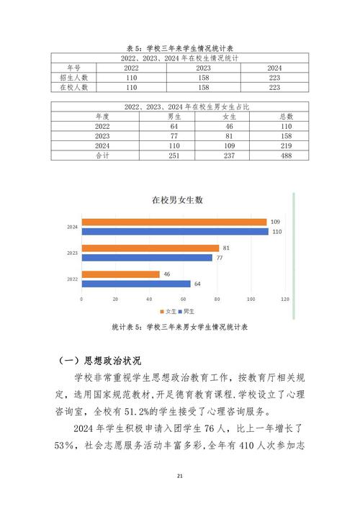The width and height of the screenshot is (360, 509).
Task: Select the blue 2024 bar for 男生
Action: tap(174, 231)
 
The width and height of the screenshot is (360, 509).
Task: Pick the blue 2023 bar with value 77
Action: tap(147, 258)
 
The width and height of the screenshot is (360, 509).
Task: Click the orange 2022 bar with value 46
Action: tap(120, 274)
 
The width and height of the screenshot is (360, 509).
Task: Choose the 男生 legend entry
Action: tap(185, 310)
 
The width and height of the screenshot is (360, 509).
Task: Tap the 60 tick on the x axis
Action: tap(183, 298)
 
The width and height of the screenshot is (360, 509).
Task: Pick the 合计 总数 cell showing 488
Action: tap(287, 156)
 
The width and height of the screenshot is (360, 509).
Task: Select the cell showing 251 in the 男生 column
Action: tap(174, 156)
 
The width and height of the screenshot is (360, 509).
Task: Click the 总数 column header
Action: tap(287, 115)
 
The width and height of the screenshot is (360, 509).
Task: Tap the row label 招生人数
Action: tap(73, 77)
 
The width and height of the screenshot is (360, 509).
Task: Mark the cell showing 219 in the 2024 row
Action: tap(287, 145)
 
